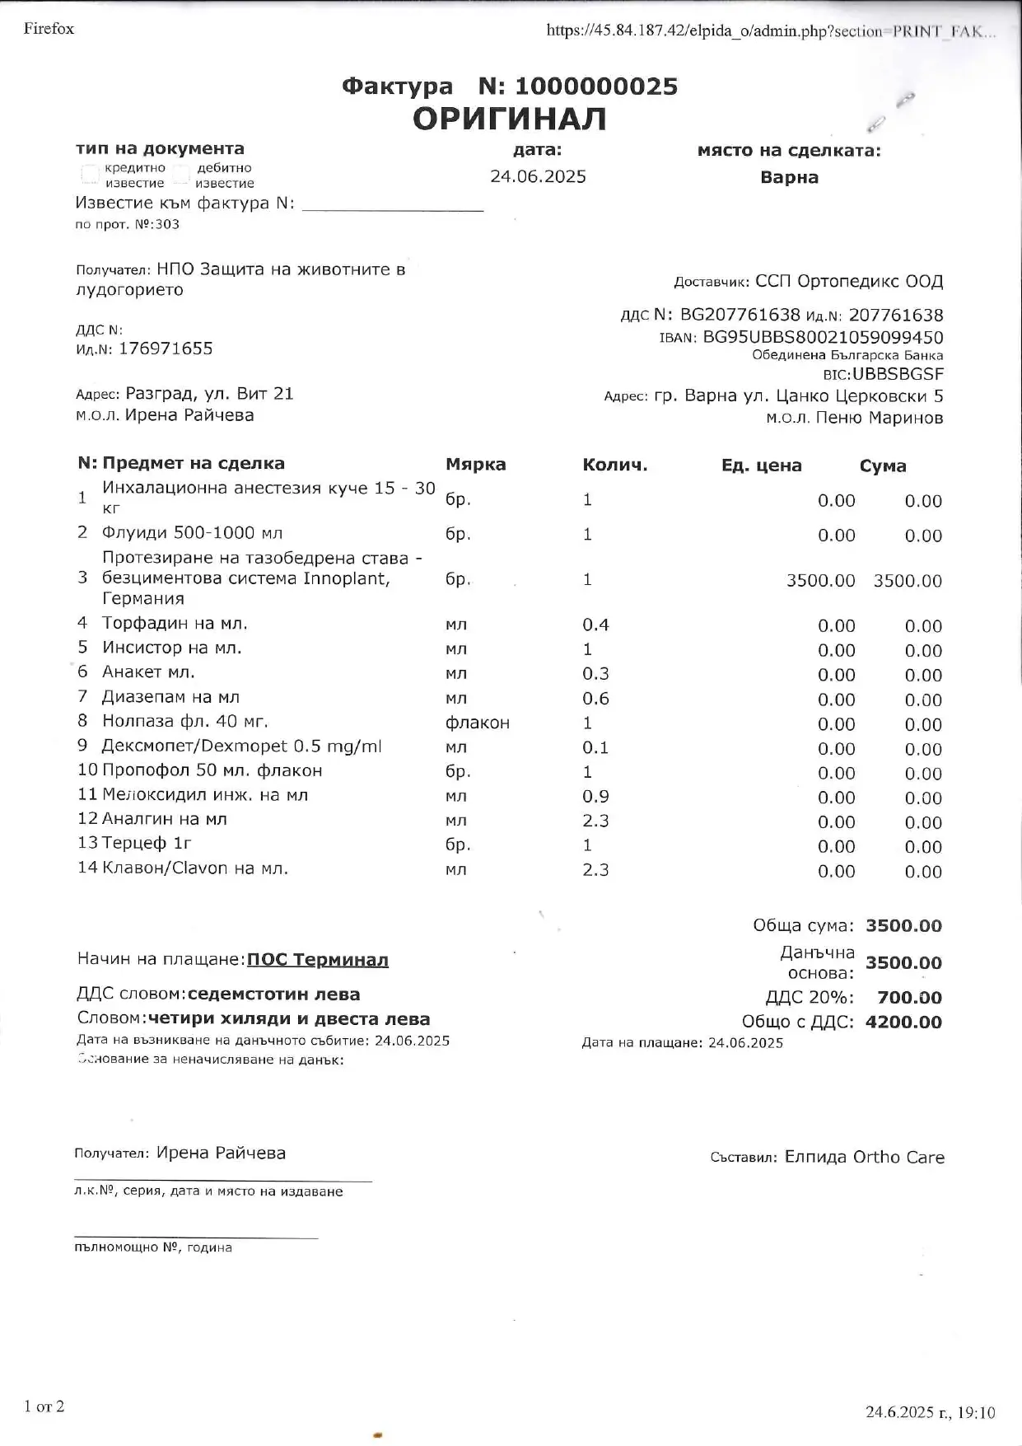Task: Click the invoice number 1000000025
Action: [595, 87]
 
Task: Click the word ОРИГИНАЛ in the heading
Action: [509, 119]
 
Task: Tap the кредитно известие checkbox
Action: [90, 174]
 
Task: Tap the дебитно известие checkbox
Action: [182, 174]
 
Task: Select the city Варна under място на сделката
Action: [789, 178]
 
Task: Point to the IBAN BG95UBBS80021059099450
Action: [823, 338]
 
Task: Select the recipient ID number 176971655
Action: [166, 349]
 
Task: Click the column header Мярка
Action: [475, 465]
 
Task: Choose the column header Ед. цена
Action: [761, 466]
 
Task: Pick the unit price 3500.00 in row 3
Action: [820, 581]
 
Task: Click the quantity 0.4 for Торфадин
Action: [595, 625]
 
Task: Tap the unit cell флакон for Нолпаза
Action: [477, 723]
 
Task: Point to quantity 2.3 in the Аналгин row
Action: [595, 821]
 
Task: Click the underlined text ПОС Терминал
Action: [317, 960]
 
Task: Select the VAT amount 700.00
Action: [909, 998]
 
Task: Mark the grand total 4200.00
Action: [903, 1022]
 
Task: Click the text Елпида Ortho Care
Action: [864, 1158]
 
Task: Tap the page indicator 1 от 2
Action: [44, 1406]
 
